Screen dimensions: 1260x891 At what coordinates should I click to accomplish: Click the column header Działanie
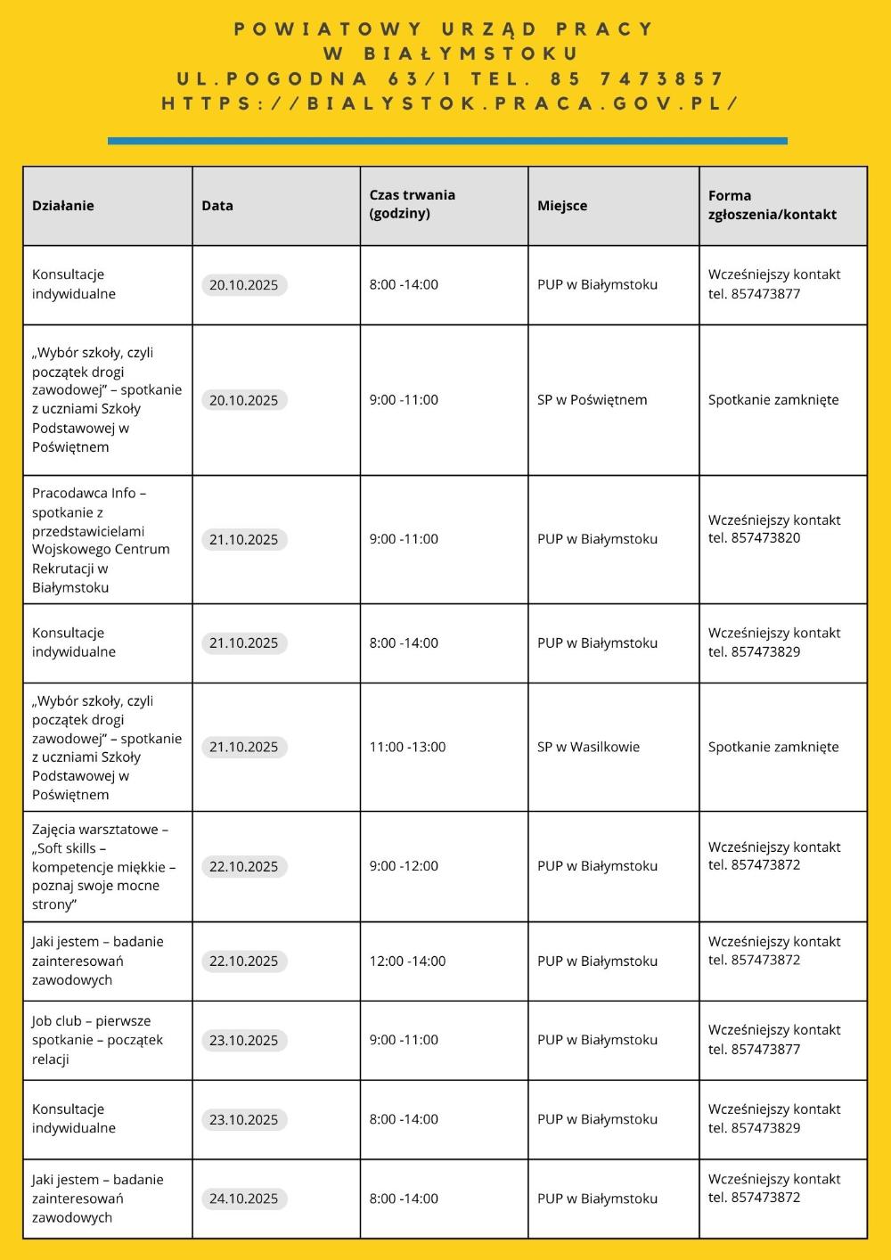pos(63,206)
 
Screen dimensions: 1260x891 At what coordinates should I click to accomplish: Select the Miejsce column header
pos(562,206)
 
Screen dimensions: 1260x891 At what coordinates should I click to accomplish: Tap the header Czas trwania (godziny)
pos(412,204)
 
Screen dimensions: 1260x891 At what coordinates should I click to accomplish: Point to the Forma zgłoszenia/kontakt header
pos(772,205)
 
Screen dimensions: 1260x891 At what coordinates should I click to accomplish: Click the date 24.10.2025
pos(244,1199)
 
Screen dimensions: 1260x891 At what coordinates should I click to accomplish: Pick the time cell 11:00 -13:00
pos(407,747)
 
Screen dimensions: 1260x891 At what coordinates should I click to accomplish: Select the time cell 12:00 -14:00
pos(407,961)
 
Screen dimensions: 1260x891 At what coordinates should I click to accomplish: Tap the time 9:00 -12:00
pos(404,865)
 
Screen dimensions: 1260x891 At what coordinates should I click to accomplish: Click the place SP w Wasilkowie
pos(588,747)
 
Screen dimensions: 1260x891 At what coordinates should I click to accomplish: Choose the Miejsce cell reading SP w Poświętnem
pos(592,400)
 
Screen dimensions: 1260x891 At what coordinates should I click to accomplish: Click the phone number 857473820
pos(765,538)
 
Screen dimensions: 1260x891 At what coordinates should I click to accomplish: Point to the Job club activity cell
pos(97,1040)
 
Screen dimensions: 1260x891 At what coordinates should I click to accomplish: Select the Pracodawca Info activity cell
pos(101,540)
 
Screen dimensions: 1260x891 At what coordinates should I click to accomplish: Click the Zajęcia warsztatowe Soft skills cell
pos(103,866)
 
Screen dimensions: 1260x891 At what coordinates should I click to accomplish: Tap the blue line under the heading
pos(447,141)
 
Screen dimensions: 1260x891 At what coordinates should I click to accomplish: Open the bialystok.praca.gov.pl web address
pos(449,103)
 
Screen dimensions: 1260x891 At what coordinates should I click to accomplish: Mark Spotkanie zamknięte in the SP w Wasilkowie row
pos(773,747)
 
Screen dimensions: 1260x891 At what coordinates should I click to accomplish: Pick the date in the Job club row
pos(244,1040)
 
